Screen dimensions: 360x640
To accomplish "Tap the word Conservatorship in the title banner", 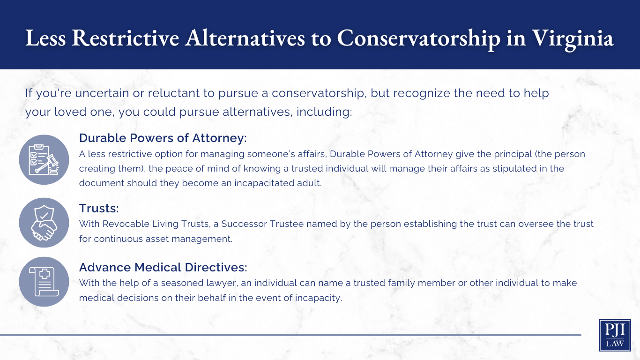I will (418, 38).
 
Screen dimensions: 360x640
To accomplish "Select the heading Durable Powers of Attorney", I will (163, 138).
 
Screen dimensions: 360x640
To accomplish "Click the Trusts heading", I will (99, 208).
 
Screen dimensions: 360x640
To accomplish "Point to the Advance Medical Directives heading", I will (163, 267).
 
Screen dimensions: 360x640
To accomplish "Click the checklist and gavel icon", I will (44, 160).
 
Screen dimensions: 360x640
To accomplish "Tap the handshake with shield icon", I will (44, 223).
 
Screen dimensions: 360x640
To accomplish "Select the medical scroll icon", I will (44, 282).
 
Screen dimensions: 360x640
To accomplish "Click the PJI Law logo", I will (615, 335).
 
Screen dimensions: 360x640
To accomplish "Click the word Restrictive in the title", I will (126, 38).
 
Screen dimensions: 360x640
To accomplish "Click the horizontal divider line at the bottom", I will (290, 335).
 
